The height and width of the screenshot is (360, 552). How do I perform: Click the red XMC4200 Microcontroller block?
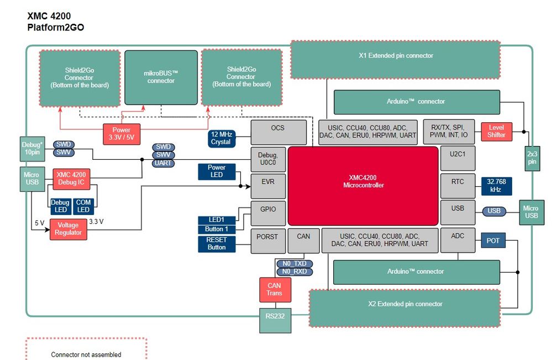point(363,185)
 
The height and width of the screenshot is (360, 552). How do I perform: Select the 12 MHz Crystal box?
point(220,138)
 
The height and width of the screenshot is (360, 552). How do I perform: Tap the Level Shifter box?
point(496,131)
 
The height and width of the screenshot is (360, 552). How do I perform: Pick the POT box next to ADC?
point(492,241)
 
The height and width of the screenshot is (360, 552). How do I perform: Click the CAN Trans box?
point(275,289)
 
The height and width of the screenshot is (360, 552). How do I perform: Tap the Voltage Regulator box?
point(69,229)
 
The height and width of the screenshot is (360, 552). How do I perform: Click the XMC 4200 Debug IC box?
point(71,179)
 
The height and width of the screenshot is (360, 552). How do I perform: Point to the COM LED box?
point(83,206)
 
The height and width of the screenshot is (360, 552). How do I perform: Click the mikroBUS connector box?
point(161,77)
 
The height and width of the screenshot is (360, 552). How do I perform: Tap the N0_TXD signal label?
point(294,263)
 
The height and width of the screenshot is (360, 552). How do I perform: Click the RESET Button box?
point(217,244)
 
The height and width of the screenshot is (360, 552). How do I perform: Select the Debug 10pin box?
point(31,149)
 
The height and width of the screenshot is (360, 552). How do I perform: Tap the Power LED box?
point(217,171)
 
